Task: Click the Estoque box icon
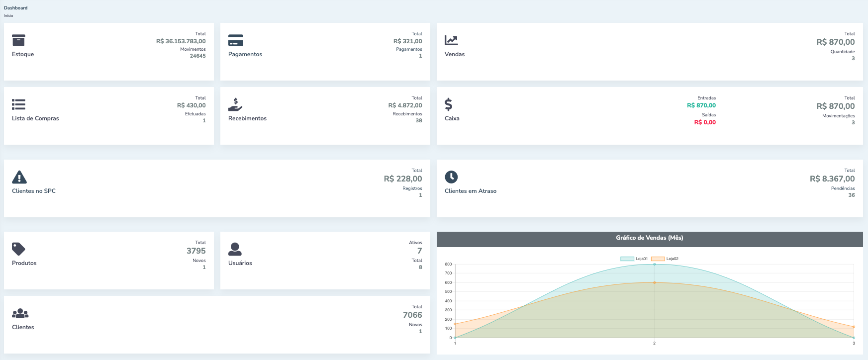tap(18, 40)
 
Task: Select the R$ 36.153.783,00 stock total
tap(181, 41)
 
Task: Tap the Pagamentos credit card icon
tap(236, 40)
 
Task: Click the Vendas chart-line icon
tap(451, 40)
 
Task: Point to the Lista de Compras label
tap(35, 118)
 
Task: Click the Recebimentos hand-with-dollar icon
tap(235, 104)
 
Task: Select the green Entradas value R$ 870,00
tap(701, 105)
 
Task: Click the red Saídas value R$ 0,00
tap(705, 122)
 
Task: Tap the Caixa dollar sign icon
tap(449, 104)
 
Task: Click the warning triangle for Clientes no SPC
tap(19, 177)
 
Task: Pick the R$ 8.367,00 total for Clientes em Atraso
tap(832, 179)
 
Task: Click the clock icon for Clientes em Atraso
tap(451, 177)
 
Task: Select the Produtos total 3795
tap(196, 251)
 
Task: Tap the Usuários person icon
tap(235, 249)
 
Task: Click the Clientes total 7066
tap(412, 315)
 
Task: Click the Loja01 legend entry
tap(634, 259)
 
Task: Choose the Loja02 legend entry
tap(665, 259)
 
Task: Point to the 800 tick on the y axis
tap(448, 265)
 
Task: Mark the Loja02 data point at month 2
tap(654, 282)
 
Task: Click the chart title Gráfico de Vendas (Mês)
tap(649, 238)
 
